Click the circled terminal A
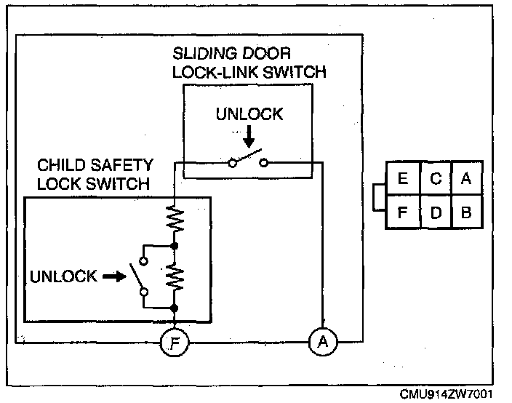click(322, 341)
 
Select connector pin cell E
click(403, 179)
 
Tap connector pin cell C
click(435, 179)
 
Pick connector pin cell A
click(466, 179)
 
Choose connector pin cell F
click(403, 213)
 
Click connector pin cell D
click(435, 213)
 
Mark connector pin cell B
click(466, 213)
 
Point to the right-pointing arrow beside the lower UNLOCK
click(113, 276)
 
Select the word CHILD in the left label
click(59, 167)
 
